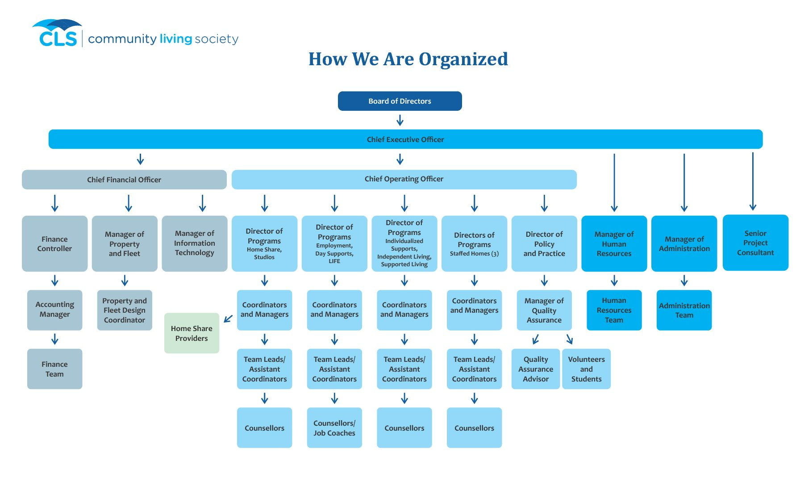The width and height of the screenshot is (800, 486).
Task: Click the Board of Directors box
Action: pyautogui.click(x=400, y=101)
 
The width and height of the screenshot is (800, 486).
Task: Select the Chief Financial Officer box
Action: pyautogui.click(x=124, y=180)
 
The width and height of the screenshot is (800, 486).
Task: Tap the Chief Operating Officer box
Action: pyautogui.click(x=404, y=179)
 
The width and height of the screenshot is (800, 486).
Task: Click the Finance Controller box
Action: pyautogui.click(x=54, y=244)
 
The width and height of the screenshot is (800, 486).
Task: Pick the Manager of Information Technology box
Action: pyautogui.click(x=194, y=243)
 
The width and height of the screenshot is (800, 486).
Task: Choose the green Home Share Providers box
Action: pyautogui.click(x=192, y=333)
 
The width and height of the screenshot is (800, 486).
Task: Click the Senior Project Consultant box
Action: pyautogui.click(x=755, y=243)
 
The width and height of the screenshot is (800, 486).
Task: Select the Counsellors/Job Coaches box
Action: pyautogui.click(x=334, y=427)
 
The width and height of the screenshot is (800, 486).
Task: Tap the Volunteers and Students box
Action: pyautogui.click(x=586, y=369)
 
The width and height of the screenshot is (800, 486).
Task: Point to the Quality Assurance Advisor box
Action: pyautogui.click(x=535, y=369)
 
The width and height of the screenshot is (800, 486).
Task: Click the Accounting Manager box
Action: pyautogui.click(x=54, y=310)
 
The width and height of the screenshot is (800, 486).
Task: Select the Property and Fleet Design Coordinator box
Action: pyautogui.click(x=125, y=310)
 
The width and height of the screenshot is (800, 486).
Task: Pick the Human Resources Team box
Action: pyautogui.click(x=614, y=310)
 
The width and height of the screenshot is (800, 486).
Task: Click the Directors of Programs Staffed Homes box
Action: pyautogui.click(x=474, y=244)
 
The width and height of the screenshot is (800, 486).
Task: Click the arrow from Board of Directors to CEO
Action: pyautogui.click(x=400, y=120)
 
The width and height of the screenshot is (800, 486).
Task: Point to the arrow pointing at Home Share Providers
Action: pyautogui.click(x=228, y=318)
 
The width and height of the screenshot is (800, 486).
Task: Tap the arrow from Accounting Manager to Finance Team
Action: pyautogui.click(x=54, y=339)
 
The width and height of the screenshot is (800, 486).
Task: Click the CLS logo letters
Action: pyautogui.click(x=58, y=38)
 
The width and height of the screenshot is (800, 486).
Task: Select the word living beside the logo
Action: pyautogui.click(x=175, y=39)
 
